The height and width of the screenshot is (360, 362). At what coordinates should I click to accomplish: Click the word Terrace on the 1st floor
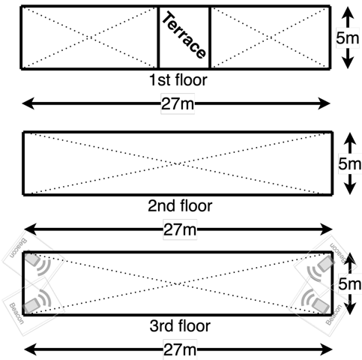(184, 35)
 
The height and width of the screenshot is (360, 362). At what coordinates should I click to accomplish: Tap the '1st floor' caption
(178, 80)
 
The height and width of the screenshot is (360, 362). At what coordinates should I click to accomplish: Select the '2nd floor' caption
(180, 205)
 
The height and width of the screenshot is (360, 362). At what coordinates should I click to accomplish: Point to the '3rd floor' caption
(180, 325)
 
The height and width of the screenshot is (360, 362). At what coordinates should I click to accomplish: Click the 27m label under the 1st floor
(178, 103)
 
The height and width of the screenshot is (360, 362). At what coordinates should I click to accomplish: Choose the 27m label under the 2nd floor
(180, 229)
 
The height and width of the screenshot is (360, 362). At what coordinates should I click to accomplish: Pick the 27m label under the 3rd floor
(180, 349)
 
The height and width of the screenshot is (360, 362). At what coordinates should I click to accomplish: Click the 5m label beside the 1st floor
(348, 38)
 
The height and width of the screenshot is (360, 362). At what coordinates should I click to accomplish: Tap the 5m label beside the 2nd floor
(350, 163)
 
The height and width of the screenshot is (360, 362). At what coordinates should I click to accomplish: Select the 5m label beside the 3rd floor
(350, 284)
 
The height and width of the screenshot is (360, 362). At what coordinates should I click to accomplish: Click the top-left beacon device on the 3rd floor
(33, 259)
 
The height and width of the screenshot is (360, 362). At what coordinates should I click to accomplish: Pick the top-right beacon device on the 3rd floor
(326, 263)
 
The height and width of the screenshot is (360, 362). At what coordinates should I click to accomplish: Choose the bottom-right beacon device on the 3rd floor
(321, 305)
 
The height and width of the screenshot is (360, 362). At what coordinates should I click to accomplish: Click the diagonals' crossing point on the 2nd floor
(178, 163)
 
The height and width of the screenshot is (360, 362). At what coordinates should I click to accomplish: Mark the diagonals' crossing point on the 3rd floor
(178, 284)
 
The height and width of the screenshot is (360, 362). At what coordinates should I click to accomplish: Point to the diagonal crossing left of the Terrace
(91, 37)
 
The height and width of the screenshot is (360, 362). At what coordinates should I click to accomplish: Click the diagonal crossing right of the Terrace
(270, 37)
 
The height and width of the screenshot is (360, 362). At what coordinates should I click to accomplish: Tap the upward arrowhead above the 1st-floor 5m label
(348, 13)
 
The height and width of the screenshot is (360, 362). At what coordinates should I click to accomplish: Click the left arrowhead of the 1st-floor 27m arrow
(28, 103)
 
